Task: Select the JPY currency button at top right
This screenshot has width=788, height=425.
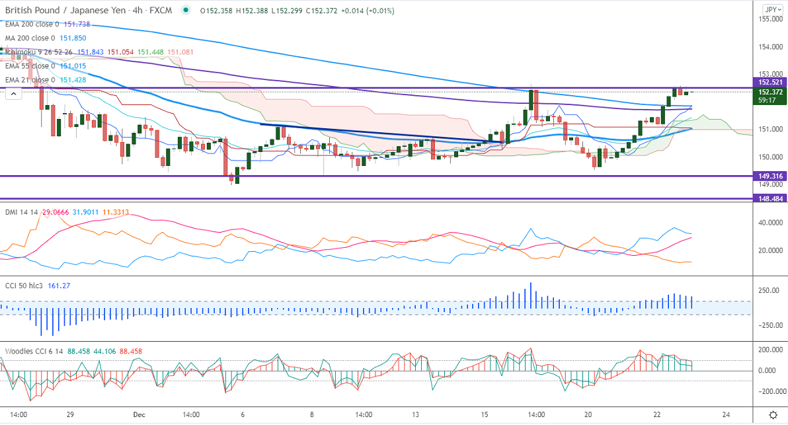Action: (x=771, y=9)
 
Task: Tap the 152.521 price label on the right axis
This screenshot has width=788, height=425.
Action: (x=769, y=82)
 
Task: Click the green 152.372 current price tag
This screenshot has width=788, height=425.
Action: (x=769, y=92)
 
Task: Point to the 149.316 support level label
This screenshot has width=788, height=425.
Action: (x=769, y=176)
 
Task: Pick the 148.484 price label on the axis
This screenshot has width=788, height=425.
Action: (x=769, y=198)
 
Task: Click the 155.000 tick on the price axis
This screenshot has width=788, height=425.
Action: (x=769, y=19)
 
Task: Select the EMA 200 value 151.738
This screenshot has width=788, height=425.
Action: (x=77, y=24)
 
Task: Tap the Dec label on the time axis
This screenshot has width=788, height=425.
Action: (x=139, y=414)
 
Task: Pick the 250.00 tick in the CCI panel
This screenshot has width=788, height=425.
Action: (x=768, y=291)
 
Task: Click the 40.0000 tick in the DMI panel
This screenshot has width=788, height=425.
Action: (x=769, y=223)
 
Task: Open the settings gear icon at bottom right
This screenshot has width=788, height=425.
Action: (x=772, y=414)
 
